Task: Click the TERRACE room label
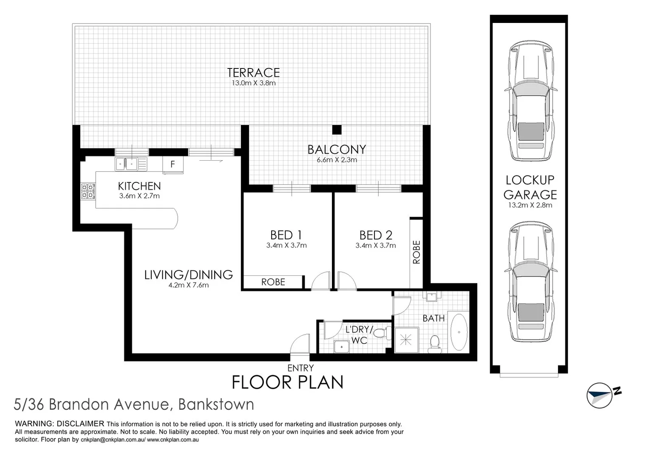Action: click(x=253, y=73)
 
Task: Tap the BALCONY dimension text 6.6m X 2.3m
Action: click(x=337, y=160)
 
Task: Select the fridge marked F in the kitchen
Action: click(x=173, y=164)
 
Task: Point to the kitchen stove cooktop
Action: click(x=88, y=191)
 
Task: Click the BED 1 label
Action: click(x=286, y=235)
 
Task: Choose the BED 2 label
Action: click(x=376, y=235)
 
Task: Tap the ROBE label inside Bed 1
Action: click(x=273, y=282)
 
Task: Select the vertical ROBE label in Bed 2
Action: click(x=417, y=252)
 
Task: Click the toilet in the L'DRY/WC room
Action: click(x=385, y=333)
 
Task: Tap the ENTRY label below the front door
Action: click(x=300, y=368)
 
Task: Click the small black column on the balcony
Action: click(x=337, y=130)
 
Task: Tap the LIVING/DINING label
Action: click(x=188, y=275)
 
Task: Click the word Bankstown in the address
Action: click(x=216, y=404)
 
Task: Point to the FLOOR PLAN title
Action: click(x=287, y=382)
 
